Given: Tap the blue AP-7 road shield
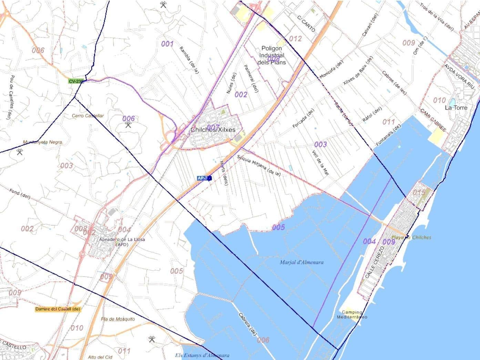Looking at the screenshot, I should point(203,178).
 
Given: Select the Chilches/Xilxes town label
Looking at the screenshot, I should point(213,130).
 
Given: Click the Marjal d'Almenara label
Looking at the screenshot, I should point(302,262).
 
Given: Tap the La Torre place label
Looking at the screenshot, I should point(456,107).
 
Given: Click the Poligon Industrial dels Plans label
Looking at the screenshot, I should point(272,55).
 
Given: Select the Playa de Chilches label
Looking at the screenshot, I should point(411,237).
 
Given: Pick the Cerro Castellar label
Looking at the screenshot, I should point(88,116).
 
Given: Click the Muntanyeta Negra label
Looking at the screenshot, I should point(42,142).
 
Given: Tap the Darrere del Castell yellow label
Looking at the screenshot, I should point(58,309).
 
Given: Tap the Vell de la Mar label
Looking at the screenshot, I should point(320,163).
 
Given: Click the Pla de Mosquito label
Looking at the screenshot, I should point(118,319).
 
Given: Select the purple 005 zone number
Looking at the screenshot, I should point(278,227).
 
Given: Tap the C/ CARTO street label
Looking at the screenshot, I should point(306,23).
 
